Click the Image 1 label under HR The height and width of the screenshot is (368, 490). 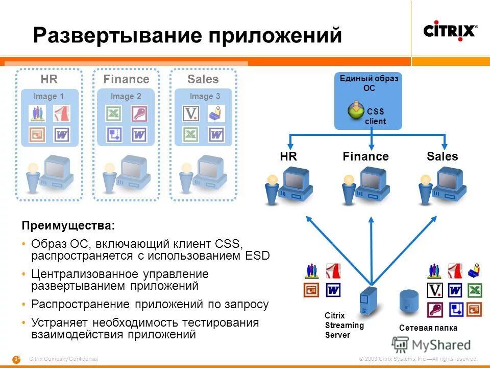[x=48, y=96]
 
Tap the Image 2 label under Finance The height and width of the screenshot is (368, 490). [x=126, y=96]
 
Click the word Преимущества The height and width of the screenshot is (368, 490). [x=68, y=225]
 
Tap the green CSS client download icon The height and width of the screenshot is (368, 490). [x=356, y=109]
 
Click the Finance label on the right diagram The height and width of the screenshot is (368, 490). [x=365, y=156]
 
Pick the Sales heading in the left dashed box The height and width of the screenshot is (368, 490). [x=203, y=79]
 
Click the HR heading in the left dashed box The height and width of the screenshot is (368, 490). [x=49, y=79]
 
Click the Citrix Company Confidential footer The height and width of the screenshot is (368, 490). [x=63, y=359]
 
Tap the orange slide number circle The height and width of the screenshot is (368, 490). [x=16, y=359]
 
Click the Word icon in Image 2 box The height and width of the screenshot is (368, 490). [x=139, y=134]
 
